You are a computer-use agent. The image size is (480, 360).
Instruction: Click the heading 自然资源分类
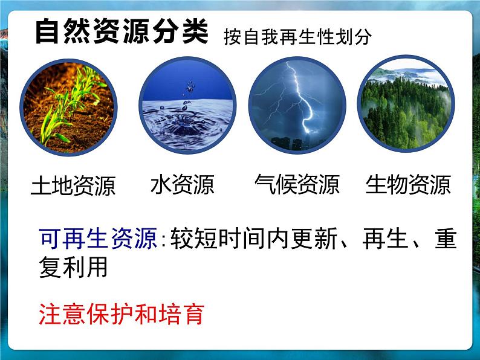[x=121, y=31]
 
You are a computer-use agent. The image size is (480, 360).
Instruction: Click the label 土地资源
[x=73, y=185]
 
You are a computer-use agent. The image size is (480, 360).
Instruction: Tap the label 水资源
[x=182, y=184]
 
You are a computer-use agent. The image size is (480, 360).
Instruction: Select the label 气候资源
[x=297, y=184]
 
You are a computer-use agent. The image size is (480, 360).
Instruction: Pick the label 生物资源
[x=408, y=184]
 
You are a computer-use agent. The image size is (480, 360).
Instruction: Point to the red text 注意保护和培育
[x=122, y=313]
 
